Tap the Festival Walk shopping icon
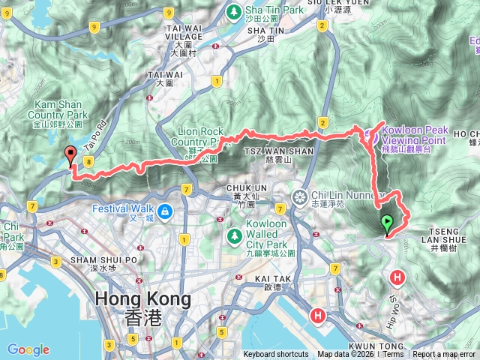[x=163, y=211]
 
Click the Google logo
[x=28, y=349]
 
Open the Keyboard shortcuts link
[x=275, y=354]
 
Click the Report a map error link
[x=443, y=354]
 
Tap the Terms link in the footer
[x=394, y=354]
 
